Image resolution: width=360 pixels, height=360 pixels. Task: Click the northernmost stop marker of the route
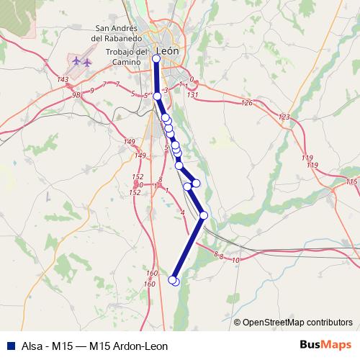click(x=156, y=58)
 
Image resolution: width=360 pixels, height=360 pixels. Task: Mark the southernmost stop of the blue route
click(x=173, y=280)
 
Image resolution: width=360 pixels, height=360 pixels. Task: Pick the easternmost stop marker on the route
click(x=204, y=215)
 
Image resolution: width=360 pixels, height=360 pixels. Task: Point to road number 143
click(x=63, y=79)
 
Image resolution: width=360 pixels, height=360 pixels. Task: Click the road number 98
click(x=75, y=94)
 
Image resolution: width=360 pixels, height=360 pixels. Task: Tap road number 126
click(x=247, y=103)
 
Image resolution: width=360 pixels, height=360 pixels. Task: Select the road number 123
click(x=284, y=117)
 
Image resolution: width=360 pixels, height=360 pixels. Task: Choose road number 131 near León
click(x=192, y=94)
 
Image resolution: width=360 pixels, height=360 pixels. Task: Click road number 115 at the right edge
click(x=351, y=182)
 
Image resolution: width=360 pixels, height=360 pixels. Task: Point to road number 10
click(x=236, y=259)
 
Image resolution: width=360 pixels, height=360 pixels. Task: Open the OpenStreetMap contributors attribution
click(x=297, y=323)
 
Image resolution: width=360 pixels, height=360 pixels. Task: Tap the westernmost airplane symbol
click(x=76, y=61)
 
